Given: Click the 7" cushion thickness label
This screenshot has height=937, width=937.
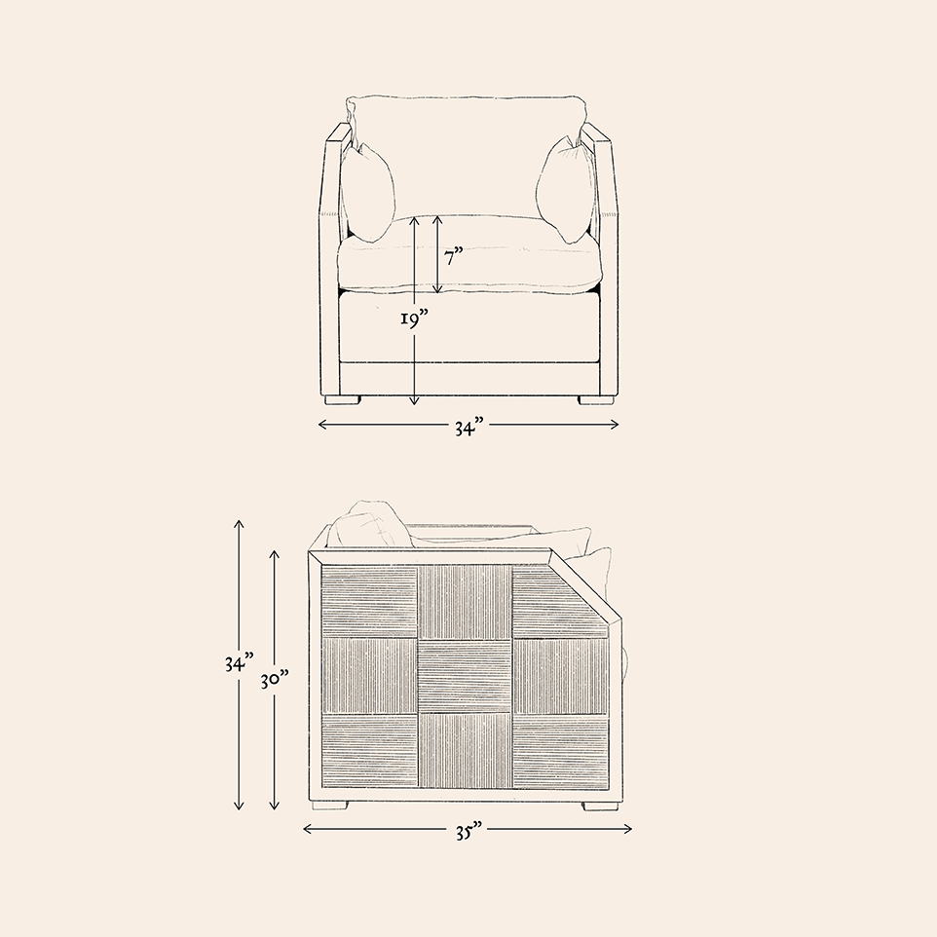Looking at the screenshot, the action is point(454,257).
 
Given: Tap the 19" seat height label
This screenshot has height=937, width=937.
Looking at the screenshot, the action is point(415,319).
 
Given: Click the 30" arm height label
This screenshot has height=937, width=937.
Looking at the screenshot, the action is point(275,679).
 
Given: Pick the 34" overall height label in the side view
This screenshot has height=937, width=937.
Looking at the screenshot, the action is point(239,662).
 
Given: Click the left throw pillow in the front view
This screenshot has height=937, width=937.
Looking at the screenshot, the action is point(369,193).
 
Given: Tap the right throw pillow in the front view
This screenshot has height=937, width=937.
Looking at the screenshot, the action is point(566,190).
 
